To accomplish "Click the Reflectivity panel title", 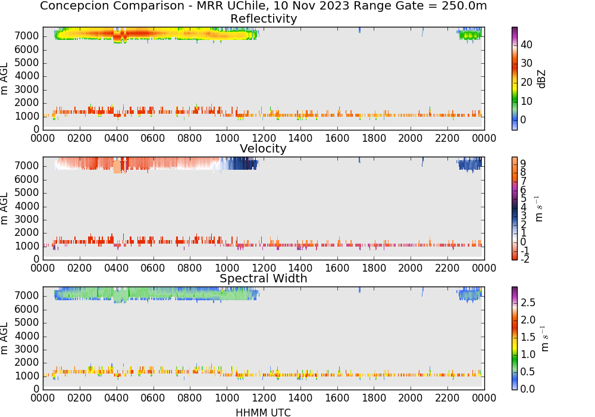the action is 264,18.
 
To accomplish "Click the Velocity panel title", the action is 263,148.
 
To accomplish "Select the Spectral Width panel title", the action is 264,278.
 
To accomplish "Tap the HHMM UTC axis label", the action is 263,412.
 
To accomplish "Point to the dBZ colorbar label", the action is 541,79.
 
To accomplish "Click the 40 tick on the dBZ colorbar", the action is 527,45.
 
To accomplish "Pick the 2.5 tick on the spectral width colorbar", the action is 528,303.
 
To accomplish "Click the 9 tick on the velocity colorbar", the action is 523,164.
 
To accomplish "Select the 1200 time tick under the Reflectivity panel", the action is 264,138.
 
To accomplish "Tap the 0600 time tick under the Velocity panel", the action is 153,268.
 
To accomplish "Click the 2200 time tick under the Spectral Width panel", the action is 447,398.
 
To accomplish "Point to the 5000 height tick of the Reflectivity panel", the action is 27,63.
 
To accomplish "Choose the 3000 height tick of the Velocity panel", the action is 27,219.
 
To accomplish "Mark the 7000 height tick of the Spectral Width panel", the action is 27,296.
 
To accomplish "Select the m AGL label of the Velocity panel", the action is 4,208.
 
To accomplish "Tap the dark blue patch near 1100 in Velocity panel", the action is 243,164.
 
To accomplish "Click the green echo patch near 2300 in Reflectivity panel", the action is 470,35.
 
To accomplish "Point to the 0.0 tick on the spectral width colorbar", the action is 528,389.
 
